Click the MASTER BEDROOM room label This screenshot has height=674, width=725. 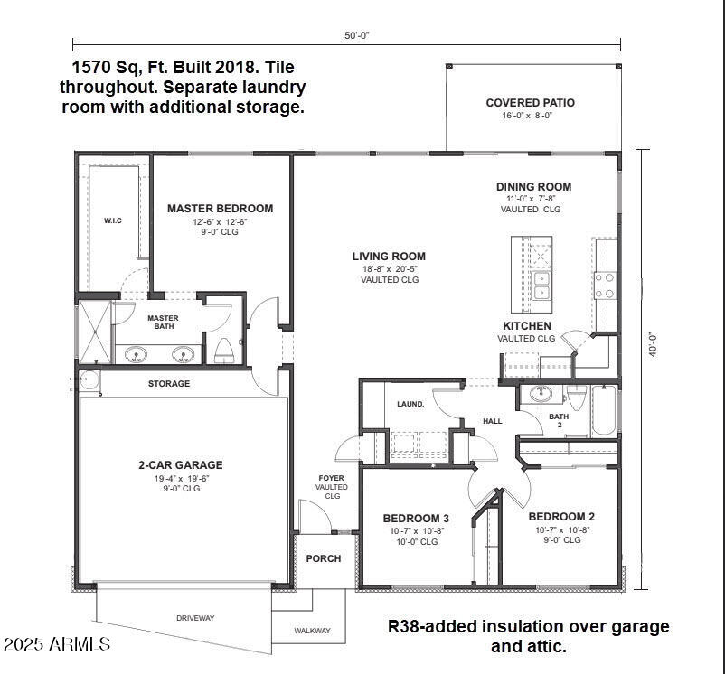pyautogui.click(x=220, y=209)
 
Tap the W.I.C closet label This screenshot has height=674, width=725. pyautogui.click(x=113, y=220)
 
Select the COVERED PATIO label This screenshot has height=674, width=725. pyautogui.click(x=530, y=103)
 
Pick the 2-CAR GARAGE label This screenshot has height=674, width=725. pyautogui.click(x=181, y=465)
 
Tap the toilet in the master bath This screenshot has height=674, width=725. pyautogui.click(x=223, y=350)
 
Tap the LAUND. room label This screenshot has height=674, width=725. pyautogui.click(x=410, y=404)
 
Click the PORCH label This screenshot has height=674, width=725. pyautogui.click(x=323, y=558)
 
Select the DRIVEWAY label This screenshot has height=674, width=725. pyautogui.click(x=195, y=618)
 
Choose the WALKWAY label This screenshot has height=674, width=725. pyautogui.click(x=313, y=631)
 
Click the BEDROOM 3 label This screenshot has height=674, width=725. pyautogui.click(x=416, y=518)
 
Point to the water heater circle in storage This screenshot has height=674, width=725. pyautogui.click(x=89, y=379)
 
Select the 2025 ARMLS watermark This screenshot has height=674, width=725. pyautogui.click(x=56, y=644)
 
